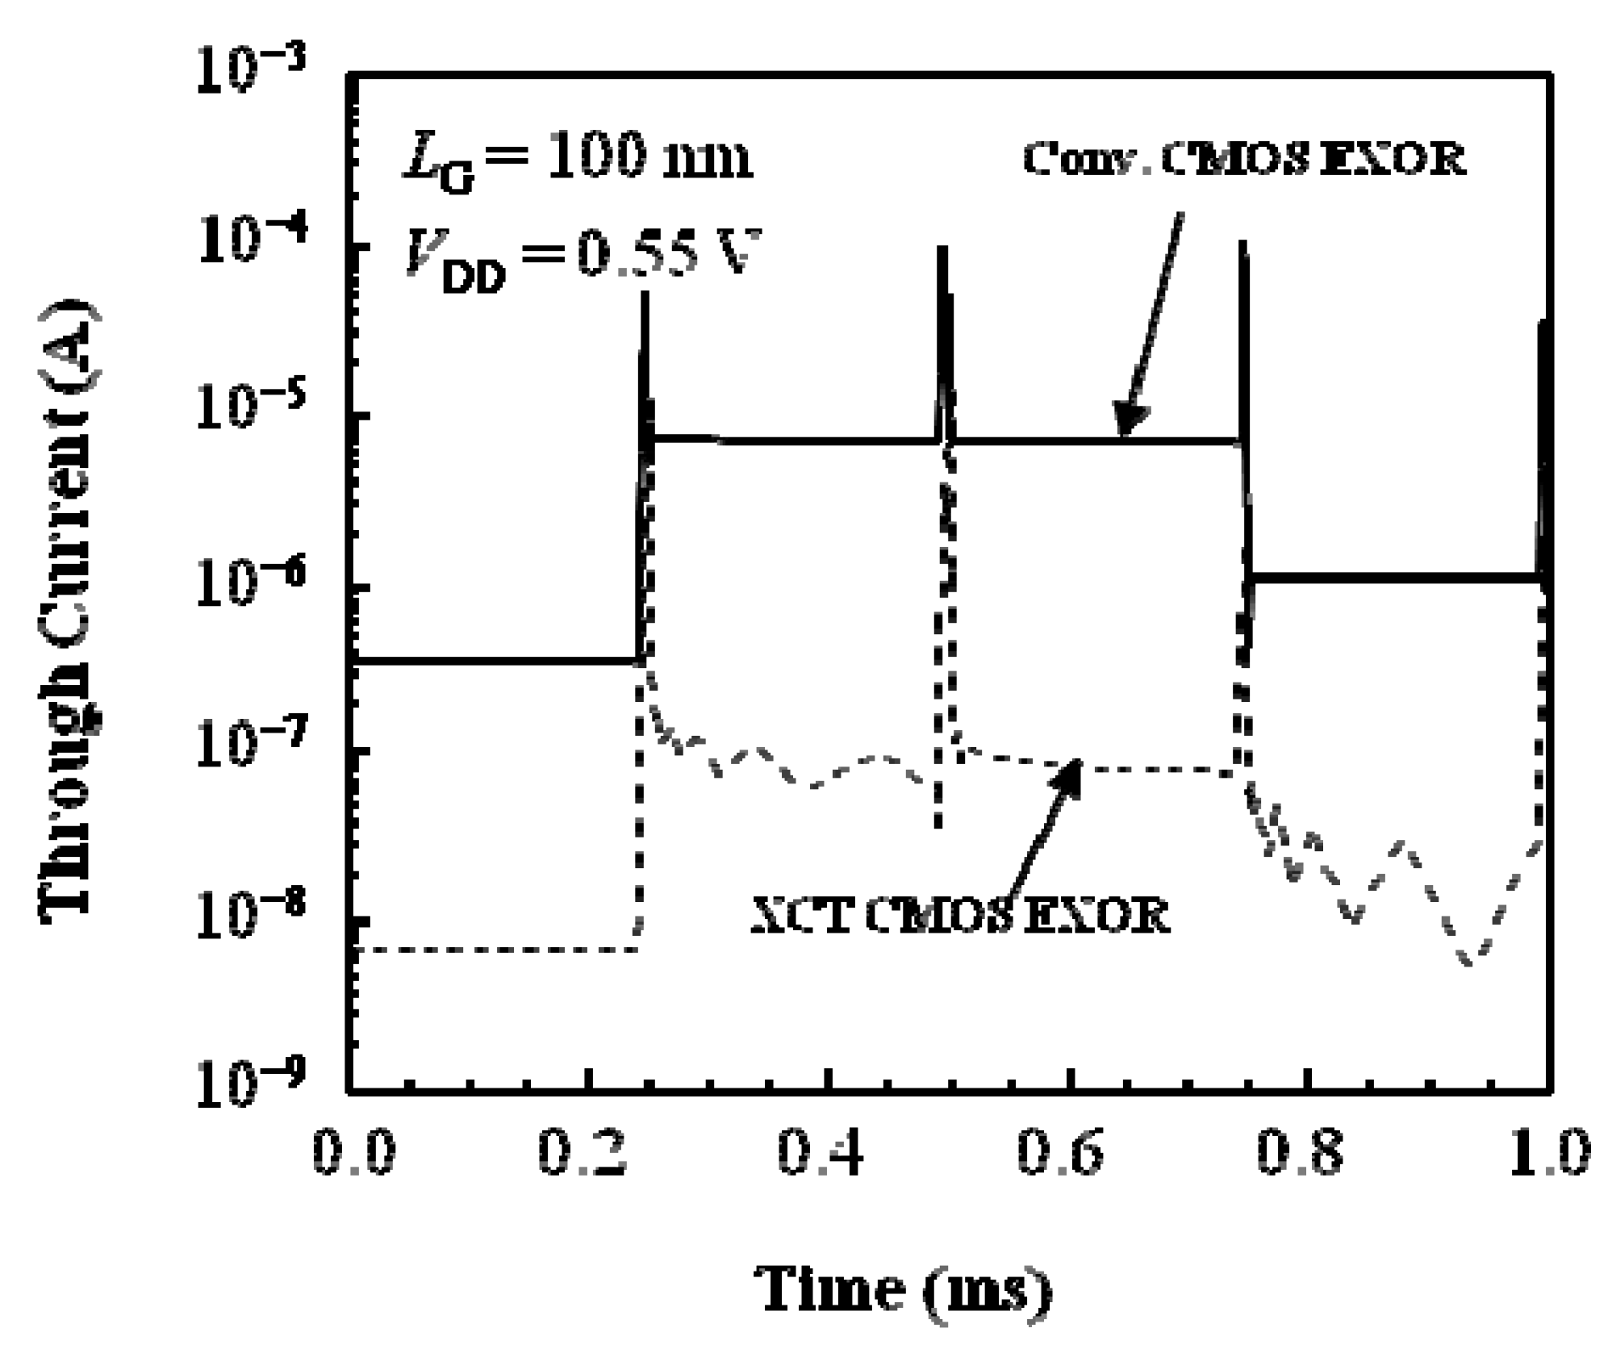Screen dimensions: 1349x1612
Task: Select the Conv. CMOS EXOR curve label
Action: point(1243,160)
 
